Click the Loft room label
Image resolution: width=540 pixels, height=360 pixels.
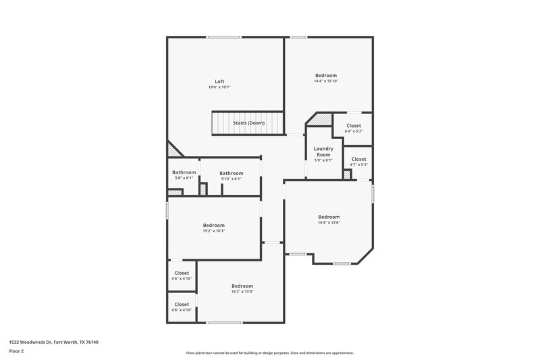219,82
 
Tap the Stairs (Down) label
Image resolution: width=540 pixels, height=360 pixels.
249,123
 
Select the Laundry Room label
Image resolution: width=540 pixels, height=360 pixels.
323,152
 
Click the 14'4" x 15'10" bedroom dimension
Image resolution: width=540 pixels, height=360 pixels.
325,81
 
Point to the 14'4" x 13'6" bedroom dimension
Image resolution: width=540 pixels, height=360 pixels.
329,223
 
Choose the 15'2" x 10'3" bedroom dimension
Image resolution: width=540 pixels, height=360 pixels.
214,231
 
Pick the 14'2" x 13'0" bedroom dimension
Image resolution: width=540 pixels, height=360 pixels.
242,292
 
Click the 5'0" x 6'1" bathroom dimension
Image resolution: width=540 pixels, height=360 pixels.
184,179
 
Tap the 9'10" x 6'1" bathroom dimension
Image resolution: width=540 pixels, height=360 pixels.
231,179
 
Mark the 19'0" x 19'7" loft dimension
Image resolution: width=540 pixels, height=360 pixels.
219,88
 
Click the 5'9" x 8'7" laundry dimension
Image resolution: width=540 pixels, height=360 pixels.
323,161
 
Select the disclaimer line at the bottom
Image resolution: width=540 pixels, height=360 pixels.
269,353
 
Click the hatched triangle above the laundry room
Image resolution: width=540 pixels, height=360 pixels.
322,119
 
